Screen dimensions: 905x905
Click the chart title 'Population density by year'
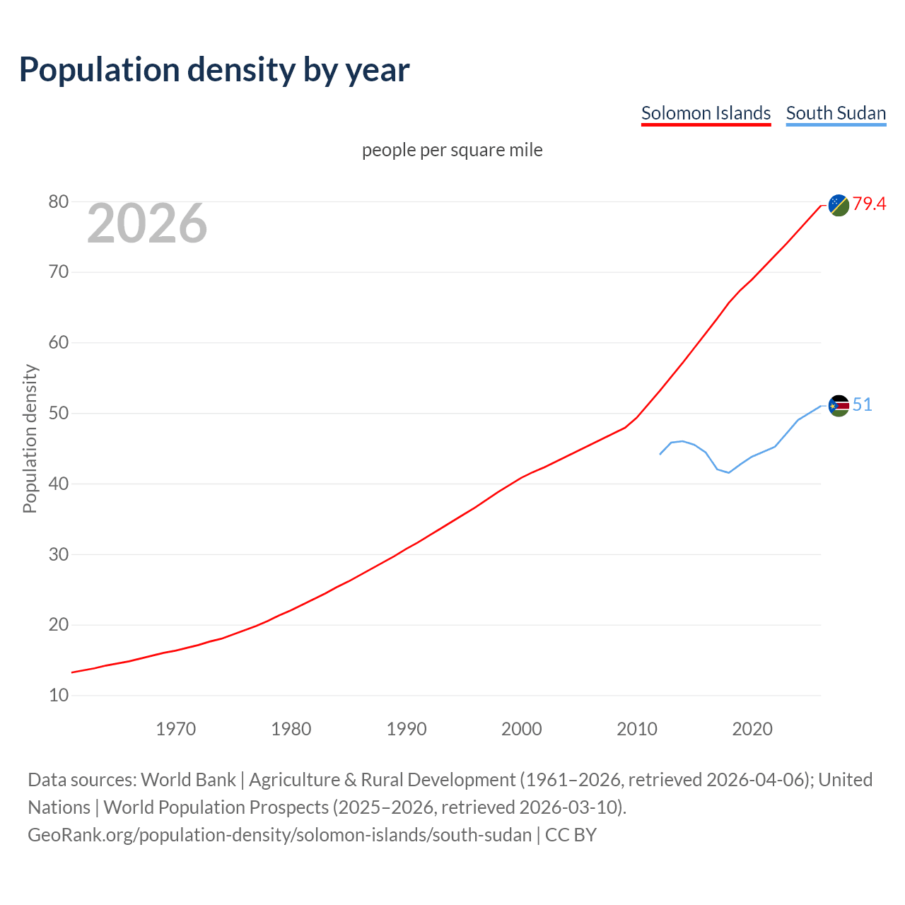tap(214, 69)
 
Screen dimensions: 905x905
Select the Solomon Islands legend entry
tap(706, 113)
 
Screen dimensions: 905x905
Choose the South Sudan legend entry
tap(836, 113)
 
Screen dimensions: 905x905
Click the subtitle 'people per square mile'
tap(452, 150)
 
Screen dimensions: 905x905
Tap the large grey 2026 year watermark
tap(147, 223)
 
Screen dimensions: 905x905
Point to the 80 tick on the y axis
tap(59, 202)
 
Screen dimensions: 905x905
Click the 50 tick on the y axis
tap(59, 414)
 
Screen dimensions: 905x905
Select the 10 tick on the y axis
tap(59, 696)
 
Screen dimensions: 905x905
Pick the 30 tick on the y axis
tap(59, 555)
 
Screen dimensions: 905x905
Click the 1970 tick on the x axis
tap(175, 729)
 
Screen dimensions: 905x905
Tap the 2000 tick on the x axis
tap(522, 729)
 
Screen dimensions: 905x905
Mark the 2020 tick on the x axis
tap(752, 729)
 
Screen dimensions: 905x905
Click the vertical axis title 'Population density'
tap(30, 438)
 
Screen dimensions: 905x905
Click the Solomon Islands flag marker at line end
tap(839, 205)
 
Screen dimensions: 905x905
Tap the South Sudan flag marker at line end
tap(839, 406)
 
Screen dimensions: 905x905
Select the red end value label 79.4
tap(869, 204)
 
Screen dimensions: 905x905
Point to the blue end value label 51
tap(862, 404)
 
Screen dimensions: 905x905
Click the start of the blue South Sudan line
tap(660, 454)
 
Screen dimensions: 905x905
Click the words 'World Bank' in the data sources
tap(188, 780)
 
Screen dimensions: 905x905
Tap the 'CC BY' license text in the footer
tap(571, 835)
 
